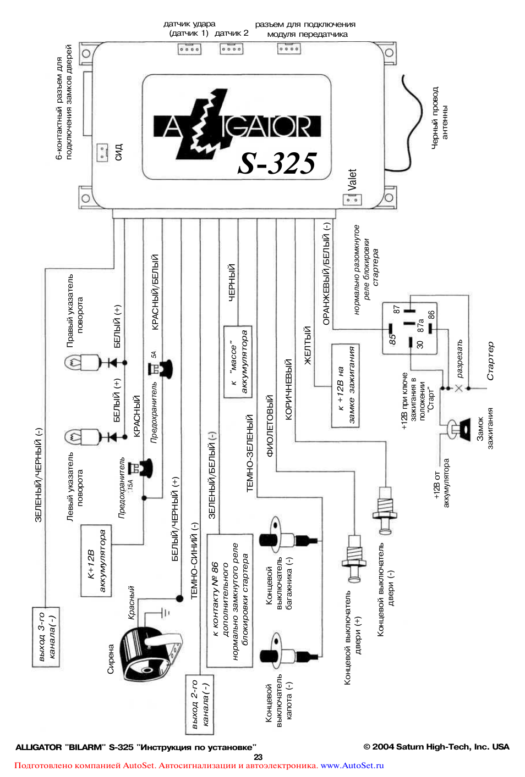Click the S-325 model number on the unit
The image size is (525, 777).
(x=277, y=163)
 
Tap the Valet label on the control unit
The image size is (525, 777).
(x=352, y=180)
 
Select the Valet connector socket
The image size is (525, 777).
(x=352, y=200)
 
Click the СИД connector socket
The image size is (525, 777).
(x=102, y=152)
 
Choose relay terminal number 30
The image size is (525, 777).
(x=420, y=345)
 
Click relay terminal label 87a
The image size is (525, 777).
(x=421, y=325)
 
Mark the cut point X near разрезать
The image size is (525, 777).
(x=459, y=389)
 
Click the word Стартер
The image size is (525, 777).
(x=490, y=361)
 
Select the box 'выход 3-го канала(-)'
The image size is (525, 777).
(x=46, y=637)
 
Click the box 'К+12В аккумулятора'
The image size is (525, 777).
(x=96, y=560)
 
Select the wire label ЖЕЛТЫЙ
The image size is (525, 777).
(x=308, y=345)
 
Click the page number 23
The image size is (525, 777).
(x=258, y=757)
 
